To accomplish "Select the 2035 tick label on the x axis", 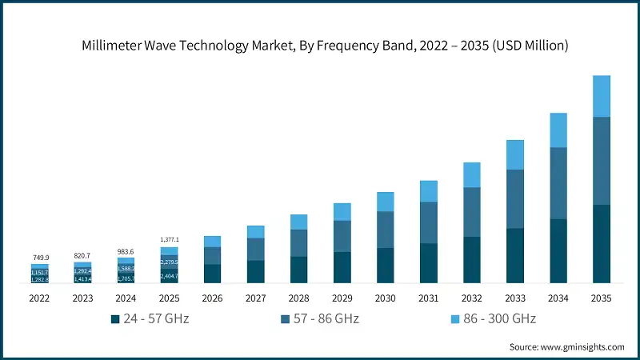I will click(601, 298).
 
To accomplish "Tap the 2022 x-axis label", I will click(40, 298).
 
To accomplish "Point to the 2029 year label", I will click(342, 298).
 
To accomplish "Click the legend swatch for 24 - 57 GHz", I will click(116, 319).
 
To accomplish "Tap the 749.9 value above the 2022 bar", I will click(40, 258).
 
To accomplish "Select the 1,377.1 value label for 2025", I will click(170, 240).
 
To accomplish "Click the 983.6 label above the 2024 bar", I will click(126, 251).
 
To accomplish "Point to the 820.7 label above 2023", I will click(83, 255).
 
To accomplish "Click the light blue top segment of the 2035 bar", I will click(601, 96).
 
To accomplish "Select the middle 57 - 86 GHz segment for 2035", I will click(601, 161).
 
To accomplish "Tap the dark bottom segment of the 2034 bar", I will click(558, 250).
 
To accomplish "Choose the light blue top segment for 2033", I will click(514, 154).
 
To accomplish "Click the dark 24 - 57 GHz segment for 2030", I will click(385, 265).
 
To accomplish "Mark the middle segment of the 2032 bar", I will click(471, 212).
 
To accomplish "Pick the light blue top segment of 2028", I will click(299, 222).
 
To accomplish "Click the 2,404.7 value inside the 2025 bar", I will click(170, 276).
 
